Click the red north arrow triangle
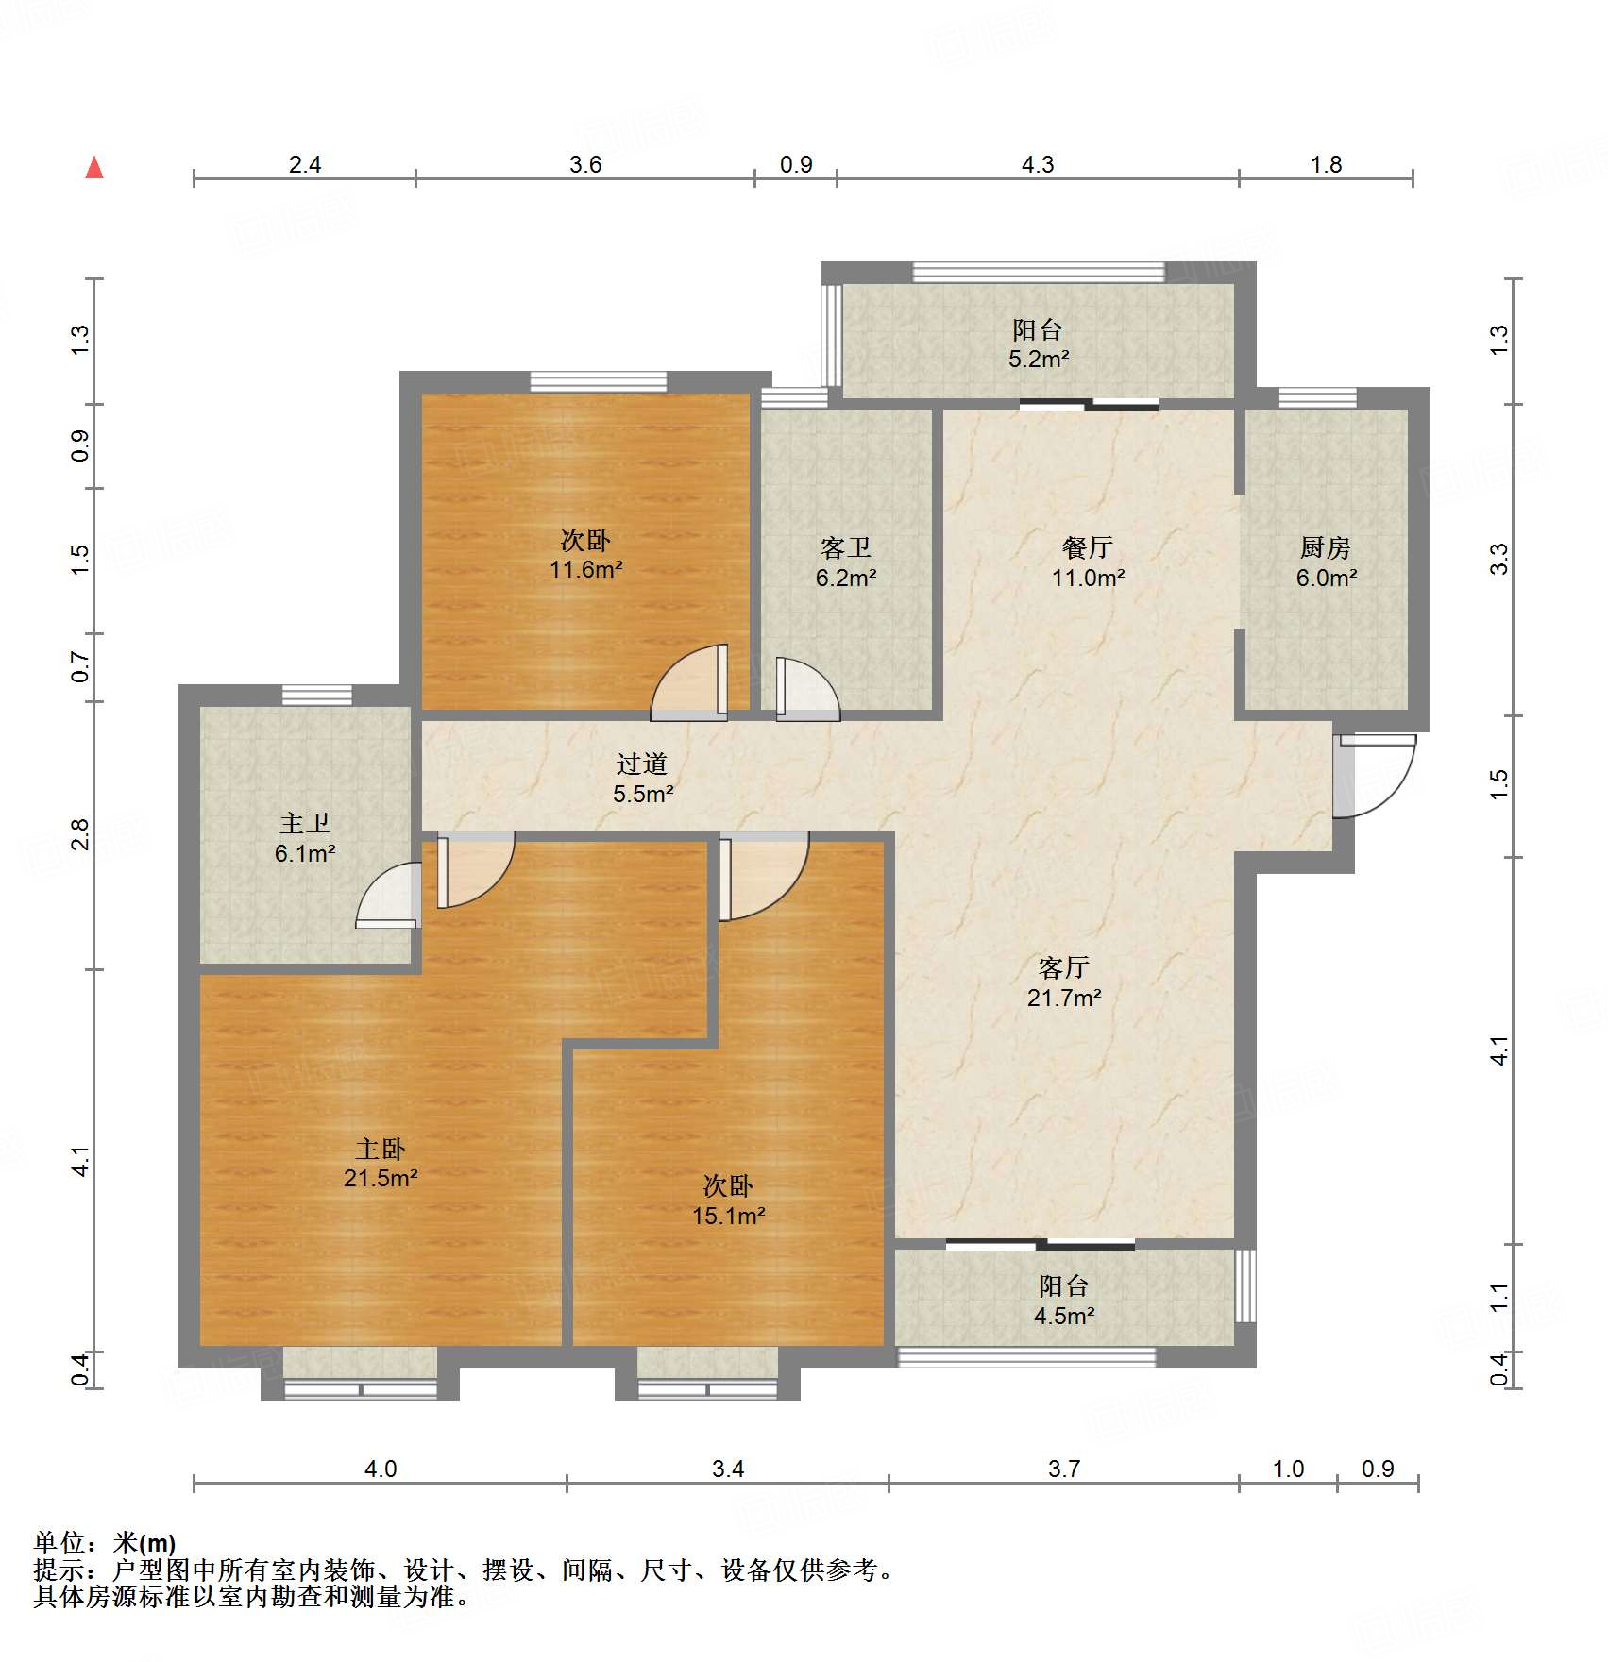(x=94, y=168)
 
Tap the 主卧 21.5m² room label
(x=381, y=1163)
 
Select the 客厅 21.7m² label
(x=1064, y=982)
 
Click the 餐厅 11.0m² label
(x=1088, y=562)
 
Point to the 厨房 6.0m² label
(x=1326, y=562)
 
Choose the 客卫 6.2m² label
(x=846, y=562)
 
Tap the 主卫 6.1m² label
(x=305, y=838)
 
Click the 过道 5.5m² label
(x=643, y=779)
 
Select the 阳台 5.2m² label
(x=1038, y=344)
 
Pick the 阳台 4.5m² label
(x=1064, y=1301)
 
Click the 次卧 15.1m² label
(x=728, y=1200)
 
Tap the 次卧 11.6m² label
(x=585, y=555)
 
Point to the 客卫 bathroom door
(x=804, y=689)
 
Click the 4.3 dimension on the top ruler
(x=1037, y=164)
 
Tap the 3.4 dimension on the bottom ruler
(x=728, y=1469)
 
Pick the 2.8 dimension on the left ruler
(x=80, y=834)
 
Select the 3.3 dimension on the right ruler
(x=1499, y=559)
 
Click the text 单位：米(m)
(x=105, y=1543)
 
